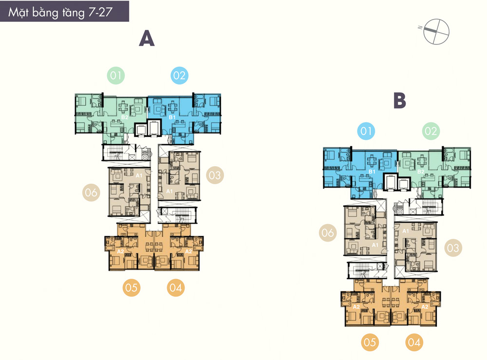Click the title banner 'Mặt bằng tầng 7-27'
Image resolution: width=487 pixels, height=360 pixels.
(x=64, y=11)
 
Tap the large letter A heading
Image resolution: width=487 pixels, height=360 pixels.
(x=147, y=38)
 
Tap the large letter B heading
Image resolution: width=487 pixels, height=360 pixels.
(x=400, y=100)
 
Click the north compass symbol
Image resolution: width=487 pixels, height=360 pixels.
(x=436, y=31)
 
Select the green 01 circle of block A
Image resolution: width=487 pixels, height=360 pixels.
(x=116, y=76)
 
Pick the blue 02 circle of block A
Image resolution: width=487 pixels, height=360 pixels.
(x=180, y=76)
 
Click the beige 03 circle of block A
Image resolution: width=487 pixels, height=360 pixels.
(x=215, y=175)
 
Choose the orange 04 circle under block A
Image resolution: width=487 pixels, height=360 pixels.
(x=176, y=287)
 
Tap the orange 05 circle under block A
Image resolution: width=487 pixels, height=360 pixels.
(x=131, y=287)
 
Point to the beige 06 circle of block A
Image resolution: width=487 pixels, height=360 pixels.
(x=92, y=192)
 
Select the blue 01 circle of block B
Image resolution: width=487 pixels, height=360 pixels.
(x=366, y=131)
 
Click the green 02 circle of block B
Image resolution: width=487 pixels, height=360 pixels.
(x=431, y=131)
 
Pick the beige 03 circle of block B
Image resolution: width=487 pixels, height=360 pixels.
(x=453, y=248)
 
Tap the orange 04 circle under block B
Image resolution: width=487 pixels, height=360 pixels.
(x=414, y=342)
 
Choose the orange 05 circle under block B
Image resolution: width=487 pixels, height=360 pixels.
(x=370, y=342)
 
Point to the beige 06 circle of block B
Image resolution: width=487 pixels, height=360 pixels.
(x=328, y=233)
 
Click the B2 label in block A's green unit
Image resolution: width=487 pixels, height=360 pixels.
(x=125, y=117)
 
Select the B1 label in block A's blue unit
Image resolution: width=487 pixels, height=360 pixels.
(x=172, y=117)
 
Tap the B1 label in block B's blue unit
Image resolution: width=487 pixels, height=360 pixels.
(x=372, y=172)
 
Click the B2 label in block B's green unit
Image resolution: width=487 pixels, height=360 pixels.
(x=421, y=172)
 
